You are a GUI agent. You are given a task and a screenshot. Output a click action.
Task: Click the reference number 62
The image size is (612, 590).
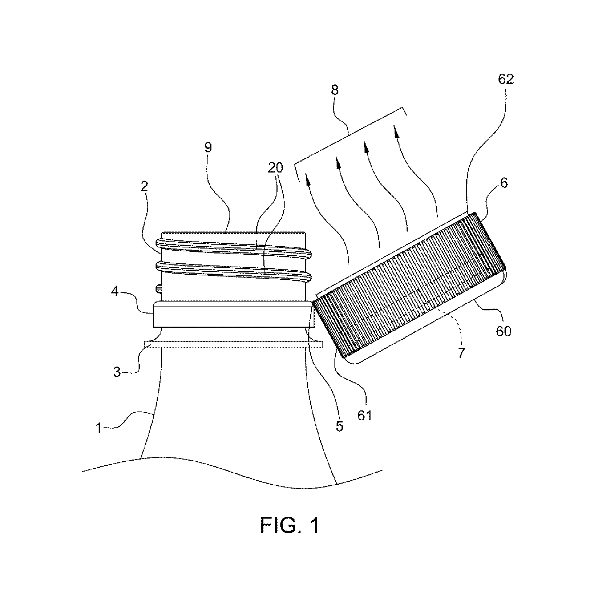(506, 80)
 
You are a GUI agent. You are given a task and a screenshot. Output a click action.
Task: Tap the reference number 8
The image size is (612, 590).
(335, 90)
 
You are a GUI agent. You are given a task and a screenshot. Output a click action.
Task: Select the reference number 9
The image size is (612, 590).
(208, 147)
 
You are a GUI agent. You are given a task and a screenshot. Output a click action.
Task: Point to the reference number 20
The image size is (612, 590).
(276, 168)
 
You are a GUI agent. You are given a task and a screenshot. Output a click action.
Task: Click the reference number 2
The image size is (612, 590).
(144, 186)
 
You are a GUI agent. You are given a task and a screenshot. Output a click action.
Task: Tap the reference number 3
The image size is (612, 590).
(117, 372)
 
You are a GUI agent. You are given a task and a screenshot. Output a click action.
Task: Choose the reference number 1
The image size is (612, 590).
(99, 428)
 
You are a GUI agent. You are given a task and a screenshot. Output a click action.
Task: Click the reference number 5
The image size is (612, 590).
(339, 426)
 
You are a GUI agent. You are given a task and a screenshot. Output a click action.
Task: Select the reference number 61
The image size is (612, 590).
(365, 415)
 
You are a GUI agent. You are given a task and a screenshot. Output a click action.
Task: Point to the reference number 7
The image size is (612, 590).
(461, 353)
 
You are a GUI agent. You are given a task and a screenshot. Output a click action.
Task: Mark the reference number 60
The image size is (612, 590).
(503, 331)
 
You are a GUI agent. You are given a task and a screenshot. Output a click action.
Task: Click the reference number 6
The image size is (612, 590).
(504, 183)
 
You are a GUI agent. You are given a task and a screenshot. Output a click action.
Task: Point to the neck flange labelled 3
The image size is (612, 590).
(234, 344)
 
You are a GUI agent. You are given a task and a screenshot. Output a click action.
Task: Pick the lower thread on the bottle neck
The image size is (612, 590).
(233, 271)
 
